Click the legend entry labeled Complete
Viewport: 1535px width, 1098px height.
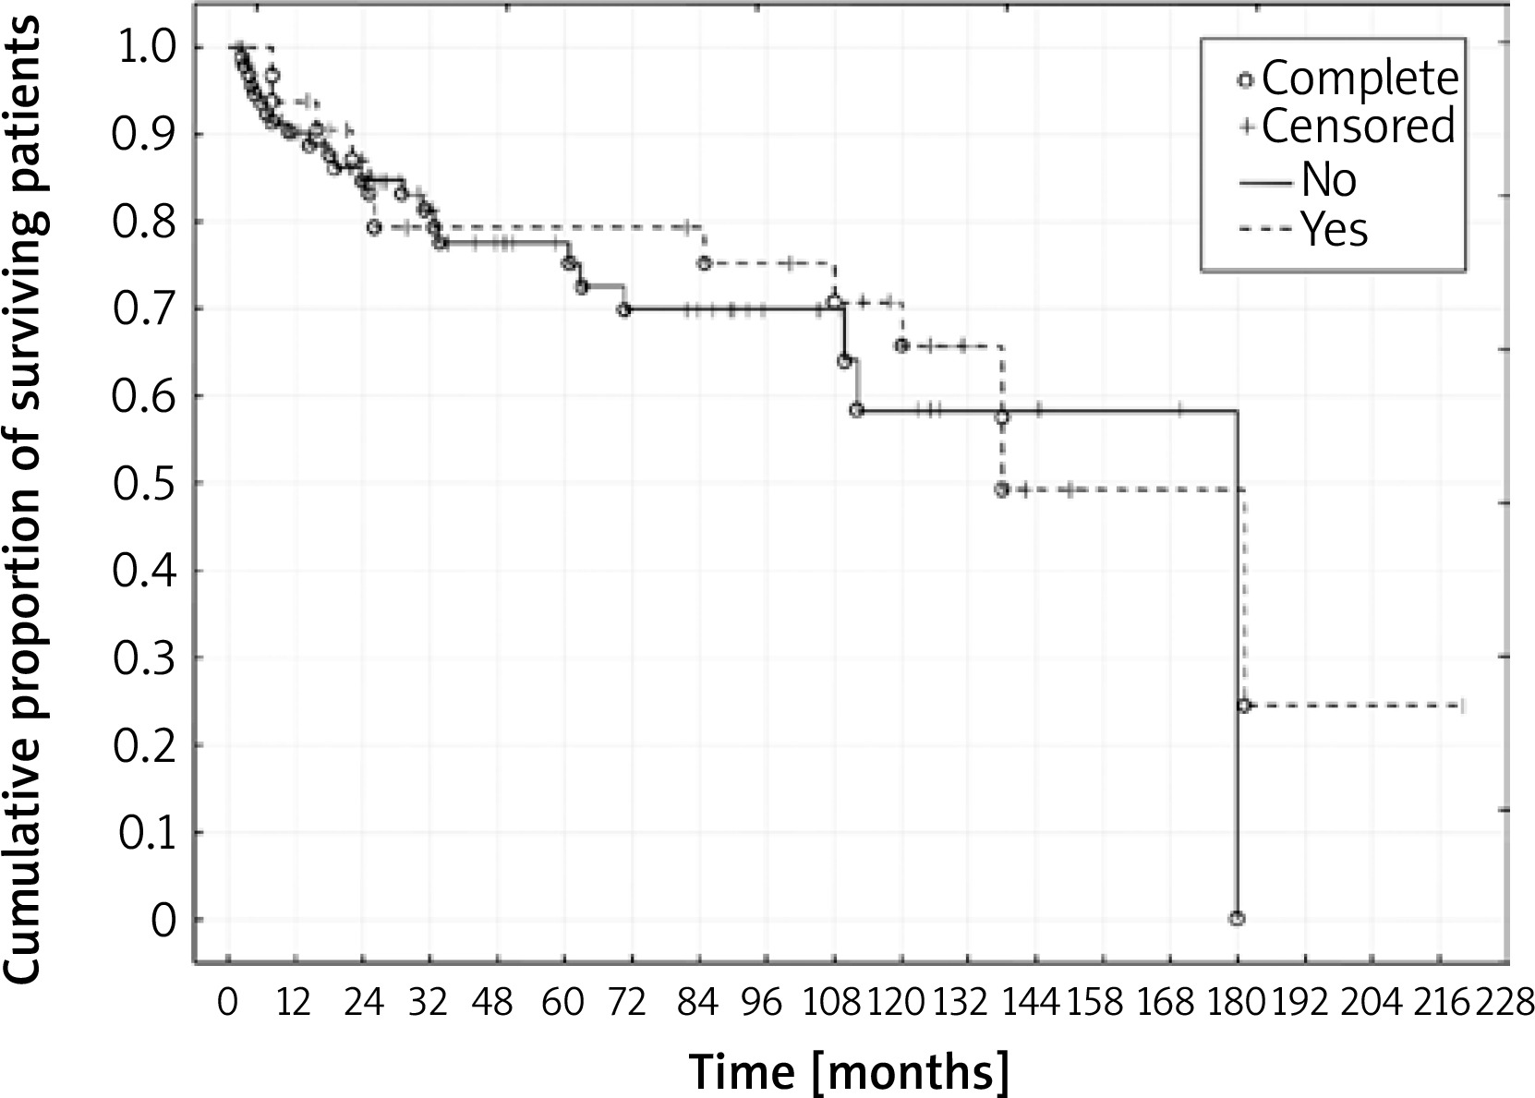pyautogui.click(x=1349, y=78)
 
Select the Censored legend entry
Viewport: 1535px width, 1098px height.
pyautogui.click(x=1348, y=127)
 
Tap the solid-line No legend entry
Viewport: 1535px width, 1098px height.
pyautogui.click(x=1298, y=179)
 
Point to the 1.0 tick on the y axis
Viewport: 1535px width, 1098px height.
pyautogui.click(x=146, y=48)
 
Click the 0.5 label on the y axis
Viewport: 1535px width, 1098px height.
pyautogui.click(x=146, y=484)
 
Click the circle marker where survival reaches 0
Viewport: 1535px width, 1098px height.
pyautogui.click(x=1237, y=918)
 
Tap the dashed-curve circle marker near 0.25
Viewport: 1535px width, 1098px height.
pyautogui.click(x=1244, y=706)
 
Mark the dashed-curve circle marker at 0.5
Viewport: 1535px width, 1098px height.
pyautogui.click(x=1001, y=489)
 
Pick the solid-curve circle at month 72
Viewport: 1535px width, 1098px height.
pyautogui.click(x=623, y=310)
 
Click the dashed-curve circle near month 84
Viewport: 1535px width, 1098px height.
pyautogui.click(x=704, y=263)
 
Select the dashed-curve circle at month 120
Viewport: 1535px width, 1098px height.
pyautogui.click(x=901, y=345)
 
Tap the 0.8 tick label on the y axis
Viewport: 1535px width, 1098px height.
pyautogui.click(x=146, y=223)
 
